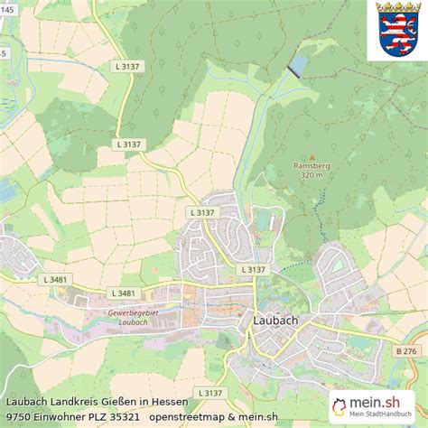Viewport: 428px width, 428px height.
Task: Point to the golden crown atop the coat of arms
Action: pyautogui.click(x=397, y=8)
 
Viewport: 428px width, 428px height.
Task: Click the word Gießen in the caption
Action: pyautogui.click(x=132, y=401)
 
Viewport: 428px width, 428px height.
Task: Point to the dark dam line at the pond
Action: pyautogui.click(x=293, y=71)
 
